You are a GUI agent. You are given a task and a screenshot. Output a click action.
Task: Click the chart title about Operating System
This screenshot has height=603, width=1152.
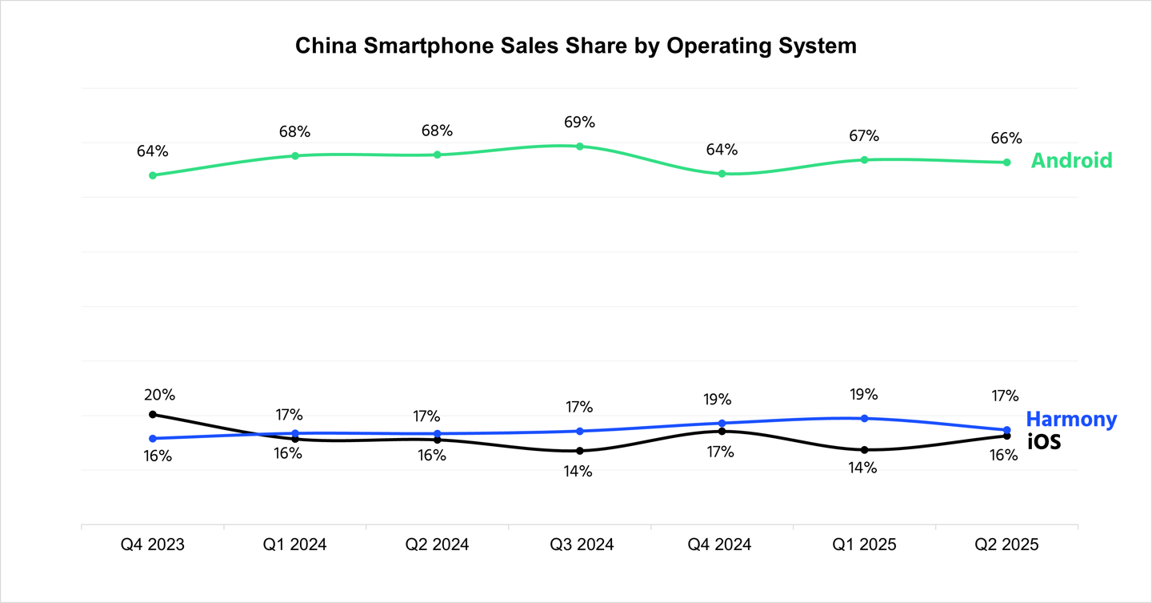coord(576,46)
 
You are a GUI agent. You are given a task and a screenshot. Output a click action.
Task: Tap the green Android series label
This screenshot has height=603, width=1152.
coord(1071,160)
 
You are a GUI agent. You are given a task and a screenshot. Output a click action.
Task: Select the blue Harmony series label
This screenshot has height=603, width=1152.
coord(1071,419)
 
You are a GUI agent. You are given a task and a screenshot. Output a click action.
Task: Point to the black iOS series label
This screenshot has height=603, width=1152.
coord(1044,440)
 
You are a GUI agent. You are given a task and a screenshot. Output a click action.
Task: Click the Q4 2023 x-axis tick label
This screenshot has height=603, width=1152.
coord(153,545)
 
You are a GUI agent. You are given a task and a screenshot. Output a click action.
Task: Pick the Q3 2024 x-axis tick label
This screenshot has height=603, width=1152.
coord(581,545)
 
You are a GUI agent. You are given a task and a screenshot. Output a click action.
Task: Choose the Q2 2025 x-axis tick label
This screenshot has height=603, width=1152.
coord(1006,545)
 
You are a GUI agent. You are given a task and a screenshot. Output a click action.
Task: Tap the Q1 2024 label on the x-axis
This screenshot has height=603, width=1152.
coord(294,545)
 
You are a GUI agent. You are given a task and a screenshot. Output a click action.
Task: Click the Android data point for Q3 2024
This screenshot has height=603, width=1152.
coord(580,147)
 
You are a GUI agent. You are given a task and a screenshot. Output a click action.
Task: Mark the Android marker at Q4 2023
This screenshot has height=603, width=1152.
coord(153,175)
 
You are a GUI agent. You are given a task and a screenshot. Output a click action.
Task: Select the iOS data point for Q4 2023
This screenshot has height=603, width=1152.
coord(153,414)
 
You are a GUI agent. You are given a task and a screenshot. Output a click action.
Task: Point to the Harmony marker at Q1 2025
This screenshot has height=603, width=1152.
coord(864,418)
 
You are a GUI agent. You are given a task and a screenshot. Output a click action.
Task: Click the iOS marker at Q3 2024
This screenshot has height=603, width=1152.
coord(580,451)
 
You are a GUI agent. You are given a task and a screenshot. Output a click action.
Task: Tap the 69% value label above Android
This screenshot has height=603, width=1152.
coord(579,123)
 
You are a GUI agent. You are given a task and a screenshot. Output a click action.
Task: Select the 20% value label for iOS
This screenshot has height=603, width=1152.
coord(159,395)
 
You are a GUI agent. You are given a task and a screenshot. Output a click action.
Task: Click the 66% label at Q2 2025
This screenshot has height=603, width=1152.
coord(1006,138)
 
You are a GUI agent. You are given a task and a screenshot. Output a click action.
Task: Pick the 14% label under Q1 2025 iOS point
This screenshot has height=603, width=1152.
coord(862,468)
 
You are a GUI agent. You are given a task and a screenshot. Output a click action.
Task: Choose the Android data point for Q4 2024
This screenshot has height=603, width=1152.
coord(722,173)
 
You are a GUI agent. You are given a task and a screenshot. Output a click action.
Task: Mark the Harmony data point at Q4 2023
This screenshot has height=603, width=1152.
coord(153,438)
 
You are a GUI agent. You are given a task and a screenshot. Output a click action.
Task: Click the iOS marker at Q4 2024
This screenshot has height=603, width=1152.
coord(722,431)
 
